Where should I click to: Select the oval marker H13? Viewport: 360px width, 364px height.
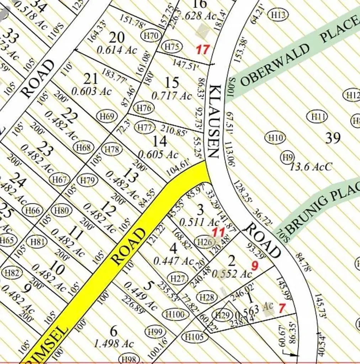pyautogui.click(x=279, y=15)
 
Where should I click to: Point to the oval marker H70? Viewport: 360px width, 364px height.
pyautogui.click(x=151, y=35)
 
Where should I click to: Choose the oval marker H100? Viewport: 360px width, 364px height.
pyautogui.click(x=175, y=314)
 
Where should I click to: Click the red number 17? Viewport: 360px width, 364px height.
pyautogui.click(x=203, y=50)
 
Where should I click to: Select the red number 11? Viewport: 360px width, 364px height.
pyautogui.click(x=218, y=233)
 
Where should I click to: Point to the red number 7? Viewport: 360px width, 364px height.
pyautogui.click(x=282, y=308)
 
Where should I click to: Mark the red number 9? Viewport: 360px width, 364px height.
pyautogui.click(x=255, y=265)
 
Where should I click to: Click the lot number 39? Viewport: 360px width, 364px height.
pyautogui.click(x=333, y=138)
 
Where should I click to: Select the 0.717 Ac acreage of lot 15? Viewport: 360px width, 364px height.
pyautogui.click(x=171, y=96)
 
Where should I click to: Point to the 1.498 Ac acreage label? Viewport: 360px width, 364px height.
pyautogui.click(x=113, y=344)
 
